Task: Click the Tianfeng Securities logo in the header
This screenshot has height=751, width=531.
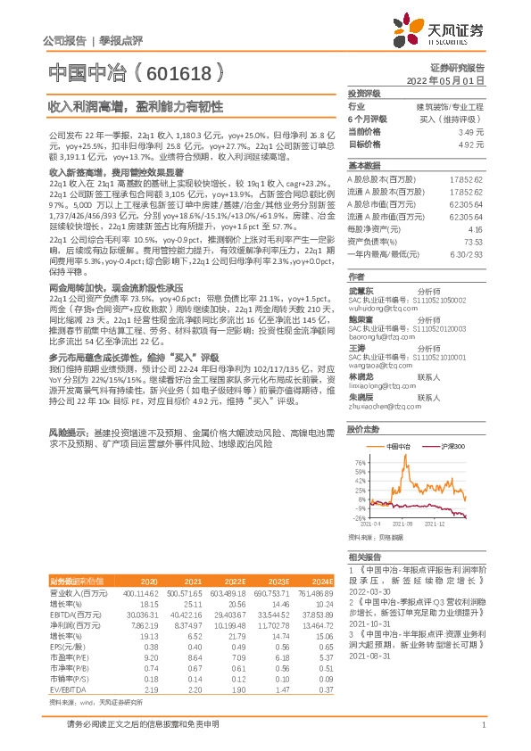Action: pyautogui.click(x=444, y=33)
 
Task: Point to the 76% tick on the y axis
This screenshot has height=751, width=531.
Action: pyautogui.click(x=359, y=463)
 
